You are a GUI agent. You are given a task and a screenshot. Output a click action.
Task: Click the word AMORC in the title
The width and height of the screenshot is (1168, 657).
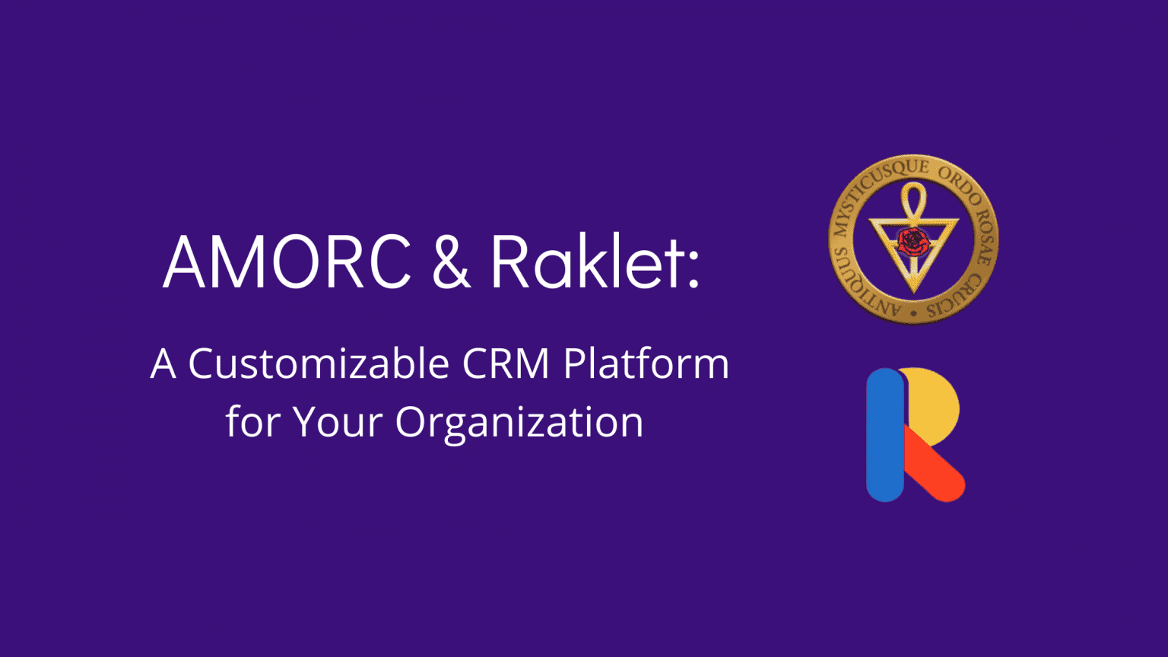pyautogui.click(x=287, y=262)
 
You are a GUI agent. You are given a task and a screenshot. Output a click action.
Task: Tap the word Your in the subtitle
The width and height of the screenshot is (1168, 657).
pyautogui.click(x=338, y=421)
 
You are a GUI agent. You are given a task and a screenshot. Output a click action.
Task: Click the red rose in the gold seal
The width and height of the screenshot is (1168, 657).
pyautogui.click(x=913, y=241)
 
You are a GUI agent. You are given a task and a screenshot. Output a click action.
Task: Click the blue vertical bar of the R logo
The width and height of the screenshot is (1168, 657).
pyautogui.click(x=885, y=435)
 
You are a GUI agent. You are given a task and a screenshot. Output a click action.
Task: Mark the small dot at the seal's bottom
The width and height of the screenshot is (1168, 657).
pyautogui.click(x=913, y=313)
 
